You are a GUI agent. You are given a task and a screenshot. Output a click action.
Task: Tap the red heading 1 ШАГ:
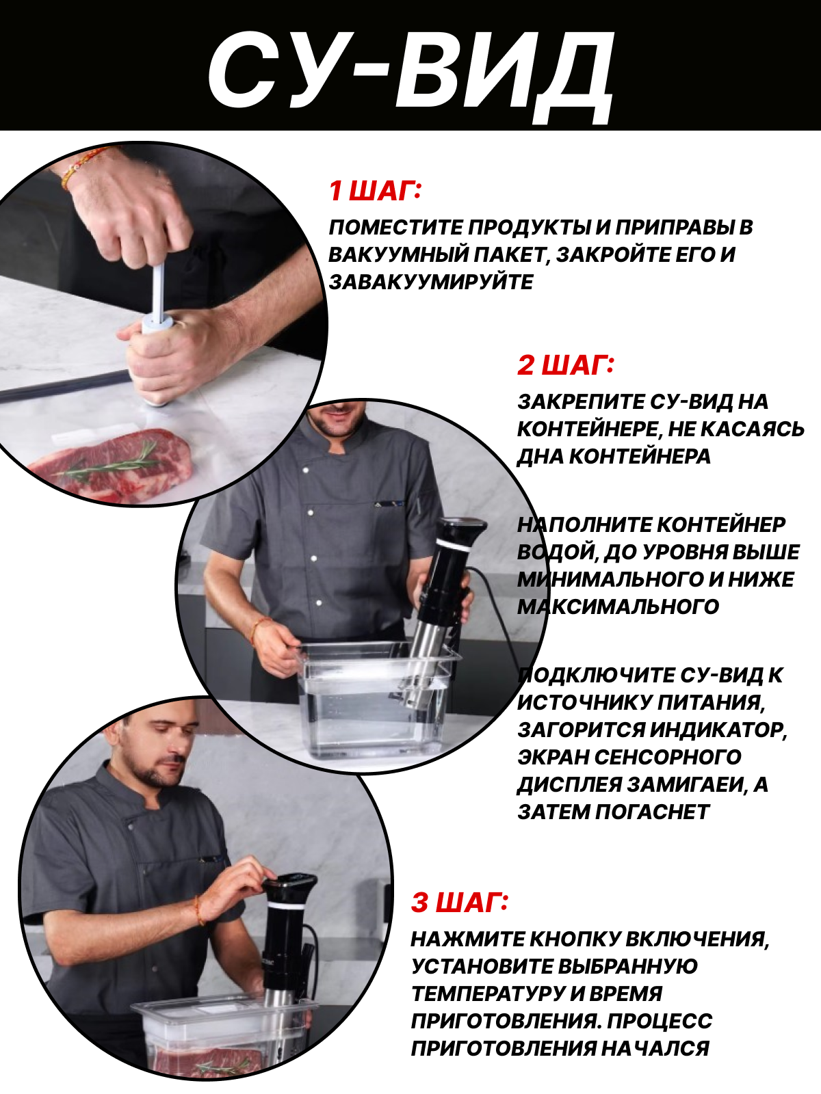tap(375, 191)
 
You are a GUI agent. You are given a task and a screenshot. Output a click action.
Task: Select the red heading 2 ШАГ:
tap(566, 365)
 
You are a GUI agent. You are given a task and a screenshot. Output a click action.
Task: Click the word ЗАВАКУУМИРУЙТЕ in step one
tap(431, 282)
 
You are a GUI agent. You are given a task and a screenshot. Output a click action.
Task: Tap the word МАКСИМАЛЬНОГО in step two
tap(618, 606)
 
